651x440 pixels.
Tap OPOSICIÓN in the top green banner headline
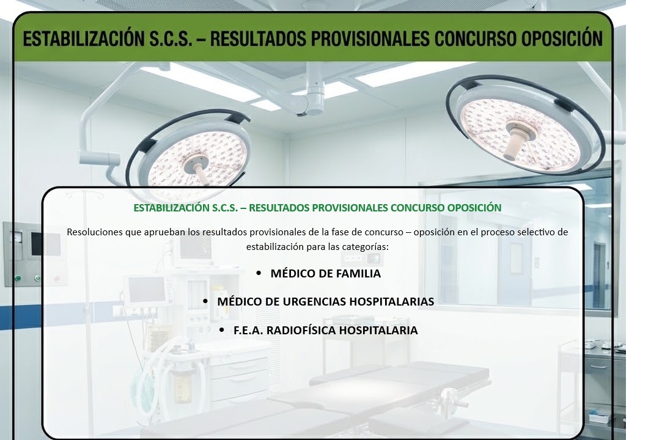[562, 38]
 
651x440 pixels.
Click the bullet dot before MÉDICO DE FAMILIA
[259, 273]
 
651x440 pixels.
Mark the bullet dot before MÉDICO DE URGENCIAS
[205, 301]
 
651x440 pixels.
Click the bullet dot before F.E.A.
[222, 331]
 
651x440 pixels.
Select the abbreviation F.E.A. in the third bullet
[248, 331]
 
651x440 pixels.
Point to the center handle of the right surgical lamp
[516, 142]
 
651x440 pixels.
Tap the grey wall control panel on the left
[32, 254]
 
